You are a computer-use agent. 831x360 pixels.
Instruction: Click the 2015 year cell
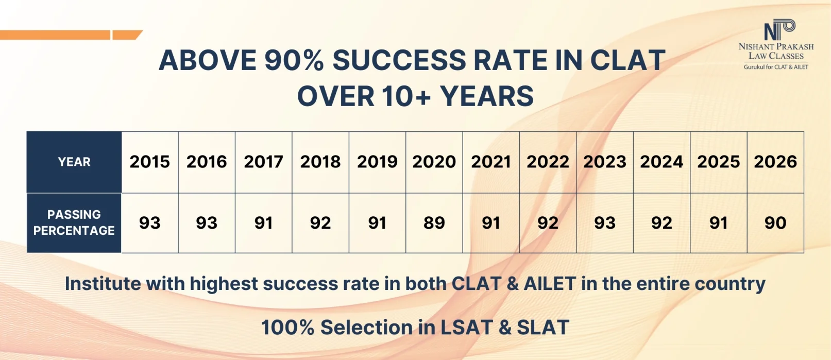click(x=149, y=162)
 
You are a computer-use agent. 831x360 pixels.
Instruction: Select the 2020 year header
click(x=434, y=162)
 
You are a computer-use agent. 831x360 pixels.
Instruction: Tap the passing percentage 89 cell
click(x=434, y=223)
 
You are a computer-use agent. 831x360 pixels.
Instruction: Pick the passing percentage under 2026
click(x=775, y=223)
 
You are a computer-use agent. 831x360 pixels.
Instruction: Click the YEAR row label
click(x=74, y=162)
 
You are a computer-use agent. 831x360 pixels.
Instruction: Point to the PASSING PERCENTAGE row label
click(x=74, y=222)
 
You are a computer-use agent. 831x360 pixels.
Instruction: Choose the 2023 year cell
click(x=604, y=162)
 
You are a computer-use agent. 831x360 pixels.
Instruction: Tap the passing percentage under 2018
click(x=320, y=223)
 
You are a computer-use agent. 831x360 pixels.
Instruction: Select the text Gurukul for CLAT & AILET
click(x=776, y=67)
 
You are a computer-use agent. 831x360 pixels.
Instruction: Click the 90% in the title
click(x=294, y=60)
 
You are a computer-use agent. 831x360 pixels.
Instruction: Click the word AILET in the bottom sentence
click(x=550, y=284)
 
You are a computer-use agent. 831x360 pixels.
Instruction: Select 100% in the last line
click(x=287, y=328)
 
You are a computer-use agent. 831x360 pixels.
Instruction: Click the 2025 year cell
click(x=718, y=162)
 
